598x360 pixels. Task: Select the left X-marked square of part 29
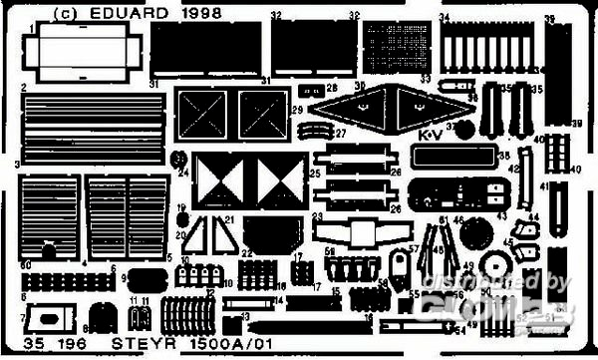click(x=204, y=114)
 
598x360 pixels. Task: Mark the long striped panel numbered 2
click(x=92, y=130)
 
